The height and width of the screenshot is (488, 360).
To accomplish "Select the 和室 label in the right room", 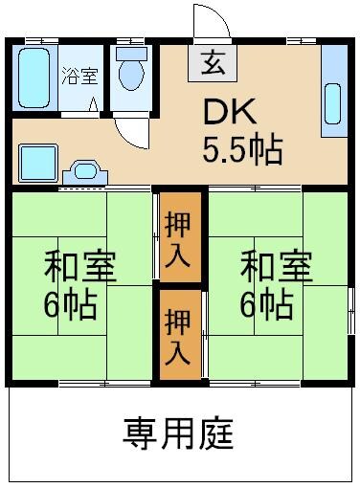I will pos(276,266).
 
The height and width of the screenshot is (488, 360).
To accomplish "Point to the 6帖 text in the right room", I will pos(267,305).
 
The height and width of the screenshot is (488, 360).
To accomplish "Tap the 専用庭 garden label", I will pos(179,434).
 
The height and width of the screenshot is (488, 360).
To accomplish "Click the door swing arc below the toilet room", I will pos(130,131).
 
